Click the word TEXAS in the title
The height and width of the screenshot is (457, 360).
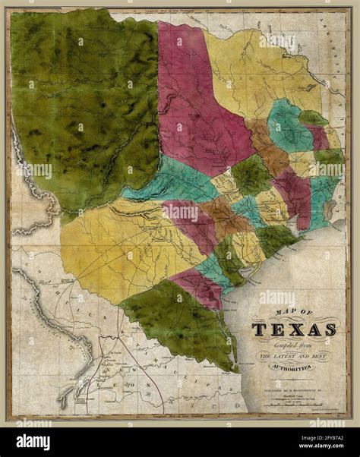coord(294,329)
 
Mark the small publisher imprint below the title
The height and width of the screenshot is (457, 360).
coord(293,380)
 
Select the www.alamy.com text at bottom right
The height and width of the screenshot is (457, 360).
coord(315,446)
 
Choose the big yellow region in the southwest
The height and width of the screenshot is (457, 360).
coord(114,243)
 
